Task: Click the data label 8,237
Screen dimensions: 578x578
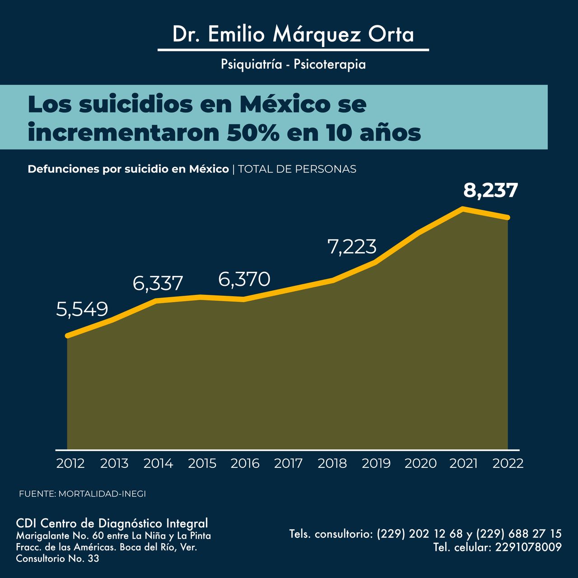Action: [x=490, y=191]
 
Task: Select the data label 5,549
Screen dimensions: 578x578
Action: [x=82, y=309]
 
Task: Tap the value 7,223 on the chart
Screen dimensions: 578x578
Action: [x=352, y=247]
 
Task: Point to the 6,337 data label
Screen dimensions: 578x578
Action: [x=158, y=284]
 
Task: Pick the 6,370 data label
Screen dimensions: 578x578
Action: [x=244, y=280]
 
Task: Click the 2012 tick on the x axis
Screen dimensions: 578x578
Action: [x=70, y=463]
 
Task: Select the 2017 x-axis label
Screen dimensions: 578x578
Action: [x=288, y=463]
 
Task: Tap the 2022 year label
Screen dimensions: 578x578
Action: [x=508, y=463]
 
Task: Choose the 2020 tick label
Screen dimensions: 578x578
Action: [x=420, y=463]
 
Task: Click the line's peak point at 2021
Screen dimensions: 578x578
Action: [x=463, y=209]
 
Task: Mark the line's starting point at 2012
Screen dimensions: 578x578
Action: [x=67, y=336]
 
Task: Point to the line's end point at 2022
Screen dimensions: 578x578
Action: [x=508, y=218]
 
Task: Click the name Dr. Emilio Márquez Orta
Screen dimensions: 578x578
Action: [x=293, y=35]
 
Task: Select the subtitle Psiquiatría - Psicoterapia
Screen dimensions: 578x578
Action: [x=293, y=64]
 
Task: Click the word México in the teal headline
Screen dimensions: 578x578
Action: [x=284, y=104]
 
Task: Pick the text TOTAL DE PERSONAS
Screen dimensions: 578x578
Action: [x=297, y=169]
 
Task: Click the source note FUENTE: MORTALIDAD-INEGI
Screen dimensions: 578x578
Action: [x=82, y=494]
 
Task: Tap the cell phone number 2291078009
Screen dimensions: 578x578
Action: [x=528, y=547]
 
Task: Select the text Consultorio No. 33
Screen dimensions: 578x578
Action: [x=57, y=559]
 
